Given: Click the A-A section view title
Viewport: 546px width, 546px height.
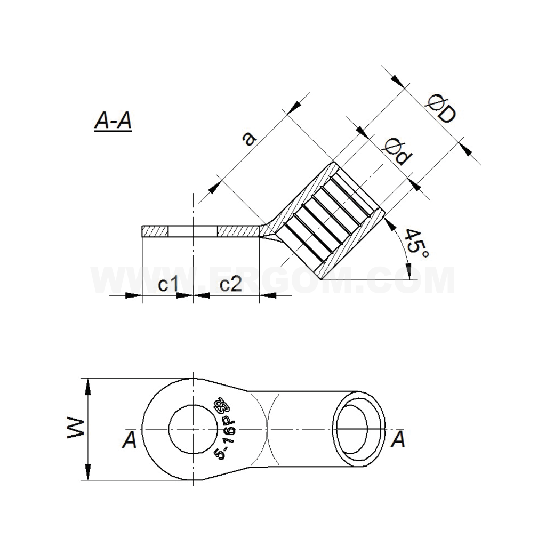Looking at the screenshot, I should point(113,121).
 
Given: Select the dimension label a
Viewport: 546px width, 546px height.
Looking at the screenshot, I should point(248,138).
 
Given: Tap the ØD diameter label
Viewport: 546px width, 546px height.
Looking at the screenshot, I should point(441,109).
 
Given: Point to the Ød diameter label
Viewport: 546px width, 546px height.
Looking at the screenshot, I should point(397,152).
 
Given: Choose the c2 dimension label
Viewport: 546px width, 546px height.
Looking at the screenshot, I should point(231,285).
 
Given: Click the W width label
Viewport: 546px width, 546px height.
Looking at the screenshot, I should point(76,429).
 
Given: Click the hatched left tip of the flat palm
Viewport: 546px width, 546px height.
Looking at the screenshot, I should point(155,232).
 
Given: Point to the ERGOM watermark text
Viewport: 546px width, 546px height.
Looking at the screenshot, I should point(273,280).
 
